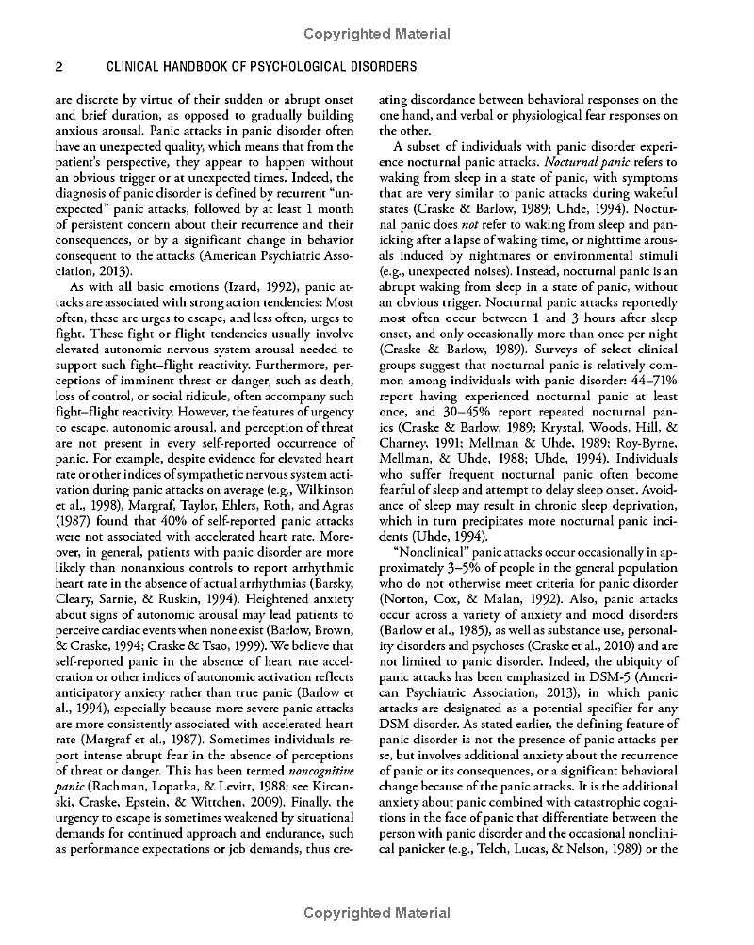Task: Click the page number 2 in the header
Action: (x=58, y=68)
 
